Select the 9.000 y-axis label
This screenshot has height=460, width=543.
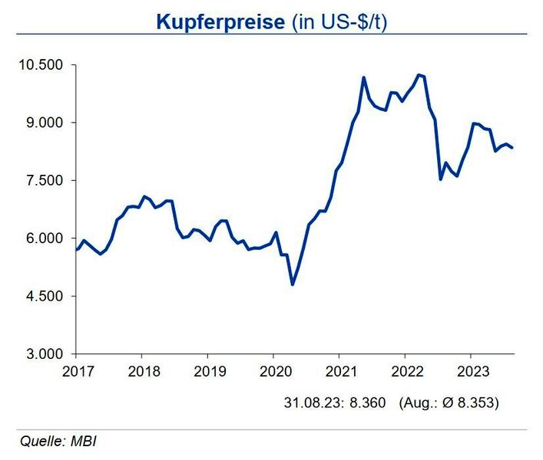click(45, 123)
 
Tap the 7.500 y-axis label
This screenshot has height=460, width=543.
click(45, 181)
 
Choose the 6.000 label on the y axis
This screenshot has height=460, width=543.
click(45, 238)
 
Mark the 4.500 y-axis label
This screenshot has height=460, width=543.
click(45, 297)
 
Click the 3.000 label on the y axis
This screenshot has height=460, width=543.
click(45, 354)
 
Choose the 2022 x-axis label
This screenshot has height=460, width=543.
click(405, 370)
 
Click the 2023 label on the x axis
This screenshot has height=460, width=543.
click(470, 370)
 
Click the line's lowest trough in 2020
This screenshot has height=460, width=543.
click(293, 284)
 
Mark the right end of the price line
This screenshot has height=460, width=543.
click(513, 147)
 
